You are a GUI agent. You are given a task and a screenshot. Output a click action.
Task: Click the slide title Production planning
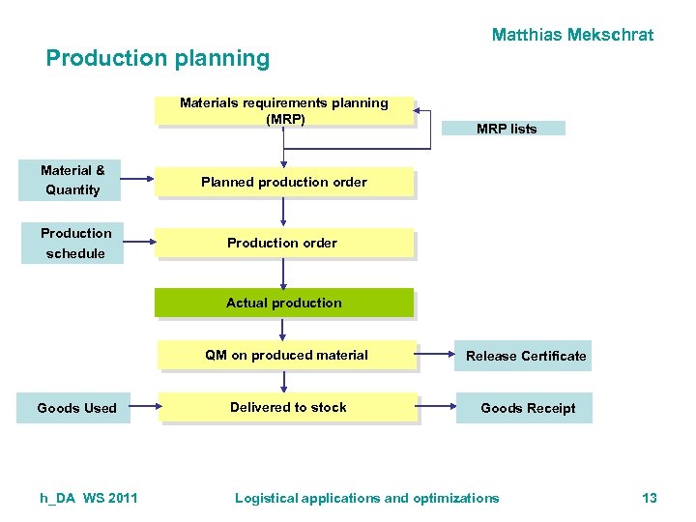158,58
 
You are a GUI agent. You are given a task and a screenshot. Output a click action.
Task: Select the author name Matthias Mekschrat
572,35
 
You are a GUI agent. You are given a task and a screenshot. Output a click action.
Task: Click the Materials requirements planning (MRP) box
285,111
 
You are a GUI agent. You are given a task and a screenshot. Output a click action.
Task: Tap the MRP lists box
507,129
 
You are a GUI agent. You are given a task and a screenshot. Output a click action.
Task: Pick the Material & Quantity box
72,181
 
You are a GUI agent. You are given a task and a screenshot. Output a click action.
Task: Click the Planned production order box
284,182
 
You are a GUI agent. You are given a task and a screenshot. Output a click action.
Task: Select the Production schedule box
73,244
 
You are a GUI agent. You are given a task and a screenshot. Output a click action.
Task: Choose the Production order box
284,243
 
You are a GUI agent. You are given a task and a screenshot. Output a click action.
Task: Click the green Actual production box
284,303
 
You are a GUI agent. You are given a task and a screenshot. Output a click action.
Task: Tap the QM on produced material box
287,355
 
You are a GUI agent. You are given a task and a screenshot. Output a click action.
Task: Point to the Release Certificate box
524,356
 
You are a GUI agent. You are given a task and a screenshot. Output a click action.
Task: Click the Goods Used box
75,408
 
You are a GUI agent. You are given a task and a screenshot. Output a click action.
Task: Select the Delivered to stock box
288,408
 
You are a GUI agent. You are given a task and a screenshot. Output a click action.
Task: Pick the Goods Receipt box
526,408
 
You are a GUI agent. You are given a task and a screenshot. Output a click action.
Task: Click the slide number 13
649,498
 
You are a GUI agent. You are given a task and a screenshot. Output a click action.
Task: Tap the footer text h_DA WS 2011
89,498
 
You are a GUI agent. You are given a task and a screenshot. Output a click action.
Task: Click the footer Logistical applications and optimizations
367,498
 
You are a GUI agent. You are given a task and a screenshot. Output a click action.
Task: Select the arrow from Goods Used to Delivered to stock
145,407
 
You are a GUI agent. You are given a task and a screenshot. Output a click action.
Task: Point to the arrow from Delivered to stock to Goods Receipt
437,407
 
